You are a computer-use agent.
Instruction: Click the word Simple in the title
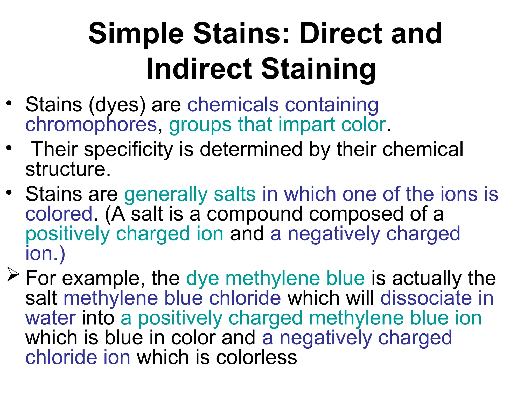click(136, 34)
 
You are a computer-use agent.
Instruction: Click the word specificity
click(128, 150)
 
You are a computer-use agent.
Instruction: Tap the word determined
click(251, 150)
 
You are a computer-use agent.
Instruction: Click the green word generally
click(166, 194)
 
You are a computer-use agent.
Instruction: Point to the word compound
click(254, 215)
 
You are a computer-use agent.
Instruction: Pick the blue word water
click(51, 318)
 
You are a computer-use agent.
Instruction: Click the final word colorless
click(256, 358)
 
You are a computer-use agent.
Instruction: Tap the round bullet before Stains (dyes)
click(9, 103)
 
